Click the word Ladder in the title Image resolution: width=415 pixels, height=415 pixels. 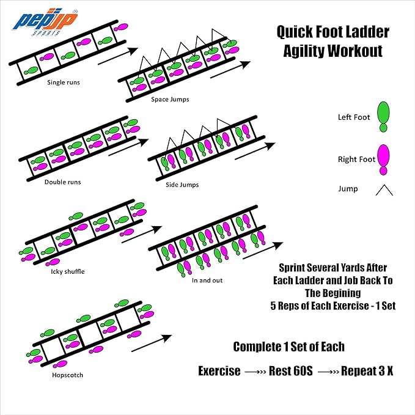[365, 32]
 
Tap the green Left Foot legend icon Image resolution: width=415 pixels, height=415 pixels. [384, 116]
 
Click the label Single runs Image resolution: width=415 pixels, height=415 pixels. [64, 81]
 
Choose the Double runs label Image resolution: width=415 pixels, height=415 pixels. [62, 182]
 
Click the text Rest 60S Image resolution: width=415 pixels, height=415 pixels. [291, 371]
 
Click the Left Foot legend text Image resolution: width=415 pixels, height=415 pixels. [354, 117]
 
